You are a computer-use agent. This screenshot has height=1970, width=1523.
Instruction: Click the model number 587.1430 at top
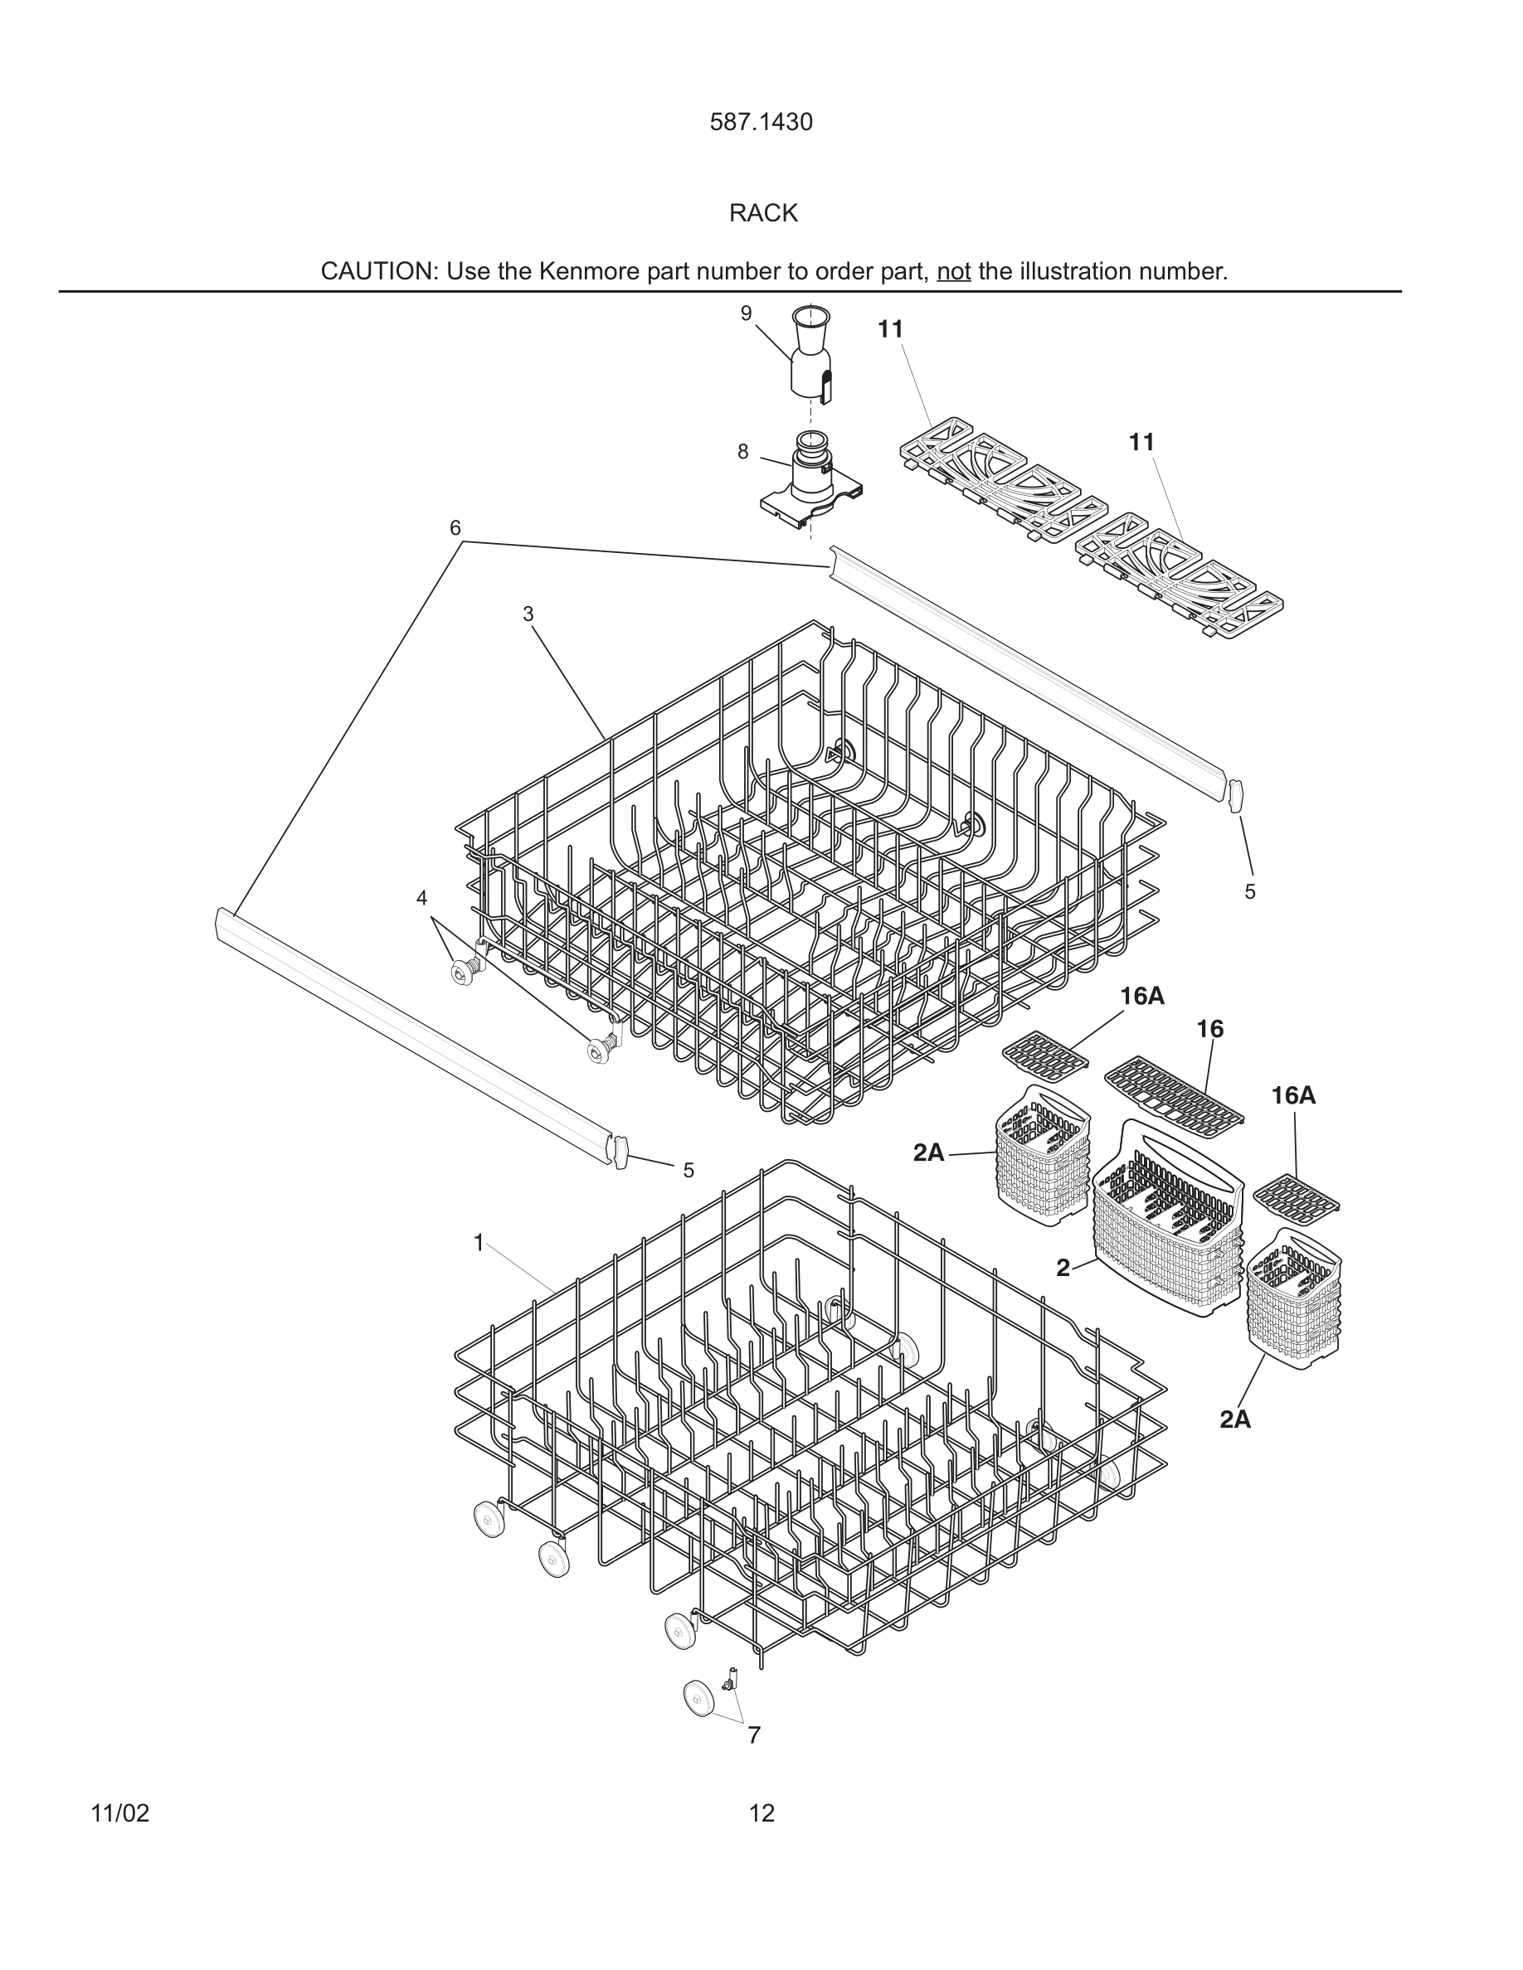pyautogui.click(x=761, y=123)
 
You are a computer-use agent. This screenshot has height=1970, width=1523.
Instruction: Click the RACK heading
pyautogui.click(x=763, y=214)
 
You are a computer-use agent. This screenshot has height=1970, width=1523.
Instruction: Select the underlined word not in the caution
pyautogui.click(x=953, y=271)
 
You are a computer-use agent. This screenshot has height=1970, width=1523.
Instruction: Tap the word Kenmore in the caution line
pyautogui.click(x=589, y=271)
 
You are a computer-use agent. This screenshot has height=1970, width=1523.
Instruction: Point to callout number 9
pyautogui.click(x=745, y=313)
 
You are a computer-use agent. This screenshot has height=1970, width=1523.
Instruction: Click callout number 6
pyautogui.click(x=455, y=527)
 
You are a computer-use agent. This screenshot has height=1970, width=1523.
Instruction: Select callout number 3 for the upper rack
pyautogui.click(x=528, y=614)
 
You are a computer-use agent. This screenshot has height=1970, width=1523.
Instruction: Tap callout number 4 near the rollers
pyautogui.click(x=421, y=897)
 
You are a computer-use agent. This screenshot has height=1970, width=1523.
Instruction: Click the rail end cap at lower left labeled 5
pyautogui.click(x=620, y=1152)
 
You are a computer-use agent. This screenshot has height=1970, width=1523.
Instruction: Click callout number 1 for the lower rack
pyautogui.click(x=479, y=1243)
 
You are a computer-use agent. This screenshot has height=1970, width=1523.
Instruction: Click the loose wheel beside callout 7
pyautogui.click(x=698, y=1699)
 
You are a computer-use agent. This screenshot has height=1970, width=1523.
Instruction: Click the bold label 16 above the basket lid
pyautogui.click(x=1210, y=1028)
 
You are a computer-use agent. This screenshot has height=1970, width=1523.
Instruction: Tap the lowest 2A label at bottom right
pyautogui.click(x=1235, y=1419)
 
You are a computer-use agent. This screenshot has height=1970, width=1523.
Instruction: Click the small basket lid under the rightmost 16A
pyautogui.click(x=1297, y=1197)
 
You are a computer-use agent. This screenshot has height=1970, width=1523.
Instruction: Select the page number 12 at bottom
pyautogui.click(x=761, y=1813)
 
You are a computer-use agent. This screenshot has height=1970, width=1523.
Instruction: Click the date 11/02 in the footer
pyautogui.click(x=120, y=1813)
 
